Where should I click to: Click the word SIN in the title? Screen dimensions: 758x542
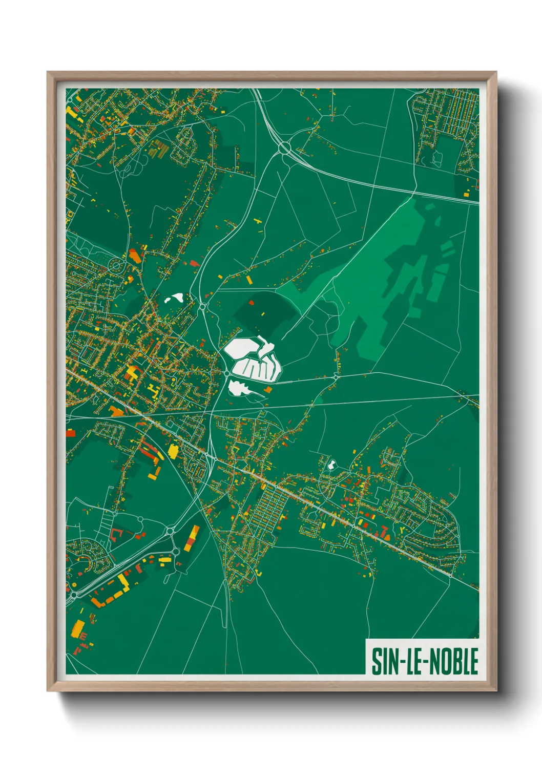pyautogui.click(x=385, y=661)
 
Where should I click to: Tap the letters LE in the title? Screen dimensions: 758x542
pyautogui.click(x=414, y=661)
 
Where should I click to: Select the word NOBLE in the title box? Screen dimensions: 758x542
pyautogui.click(x=453, y=661)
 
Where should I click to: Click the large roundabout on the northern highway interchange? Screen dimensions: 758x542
pyautogui.click(x=285, y=149)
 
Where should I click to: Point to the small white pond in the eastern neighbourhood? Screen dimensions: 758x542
pyautogui.click(x=331, y=465)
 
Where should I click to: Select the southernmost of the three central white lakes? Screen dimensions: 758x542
pyautogui.click(x=238, y=388)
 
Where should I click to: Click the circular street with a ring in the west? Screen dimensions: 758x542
pyautogui.click(x=116, y=265)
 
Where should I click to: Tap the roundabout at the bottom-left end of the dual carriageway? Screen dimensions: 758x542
pyautogui.click(x=74, y=595)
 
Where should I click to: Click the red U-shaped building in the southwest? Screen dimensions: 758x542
pyautogui.click(x=116, y=536)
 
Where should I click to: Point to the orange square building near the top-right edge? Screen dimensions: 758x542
pyautogui.click(x=467, y=194)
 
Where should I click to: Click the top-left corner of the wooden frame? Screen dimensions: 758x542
pyautogui.click(x=48, y=73)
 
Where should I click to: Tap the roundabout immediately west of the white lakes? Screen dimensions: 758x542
pyautogui.click(x=226, y=374)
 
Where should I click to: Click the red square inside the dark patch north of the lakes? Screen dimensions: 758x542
pyautogui.click(x=252, y=303)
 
